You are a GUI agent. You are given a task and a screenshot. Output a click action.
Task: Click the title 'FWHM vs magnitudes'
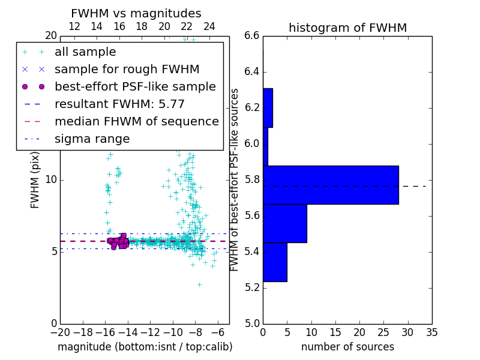point(136,13)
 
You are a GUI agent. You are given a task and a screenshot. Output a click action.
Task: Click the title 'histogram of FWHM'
point(347,28)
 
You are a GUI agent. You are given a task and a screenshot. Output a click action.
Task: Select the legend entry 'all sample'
point(85,52)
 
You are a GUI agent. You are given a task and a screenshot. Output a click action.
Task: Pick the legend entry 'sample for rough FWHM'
point(127,70)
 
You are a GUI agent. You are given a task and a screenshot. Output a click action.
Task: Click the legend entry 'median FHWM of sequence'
point(136,122)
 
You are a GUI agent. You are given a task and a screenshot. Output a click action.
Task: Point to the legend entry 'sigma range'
point(92,139)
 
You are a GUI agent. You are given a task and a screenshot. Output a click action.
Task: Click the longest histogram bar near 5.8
point(331,185)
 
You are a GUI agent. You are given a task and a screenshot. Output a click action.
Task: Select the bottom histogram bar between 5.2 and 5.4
point(275,262)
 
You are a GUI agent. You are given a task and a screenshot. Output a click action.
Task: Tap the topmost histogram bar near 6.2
point(268,108)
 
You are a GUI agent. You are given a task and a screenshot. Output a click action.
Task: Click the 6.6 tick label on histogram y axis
point(252,36)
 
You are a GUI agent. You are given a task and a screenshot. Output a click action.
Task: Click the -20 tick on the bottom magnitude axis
point(60,331)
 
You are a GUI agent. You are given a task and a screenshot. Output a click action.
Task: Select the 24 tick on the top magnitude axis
point(209,26)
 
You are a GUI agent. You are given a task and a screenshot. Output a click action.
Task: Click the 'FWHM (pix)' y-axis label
point(35,179)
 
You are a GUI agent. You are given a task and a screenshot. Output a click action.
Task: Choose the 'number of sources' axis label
point(347,347)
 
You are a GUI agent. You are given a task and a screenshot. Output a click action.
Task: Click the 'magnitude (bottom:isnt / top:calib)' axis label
point(145,347)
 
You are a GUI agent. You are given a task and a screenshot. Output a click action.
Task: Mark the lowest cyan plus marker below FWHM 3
point(199,284)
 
